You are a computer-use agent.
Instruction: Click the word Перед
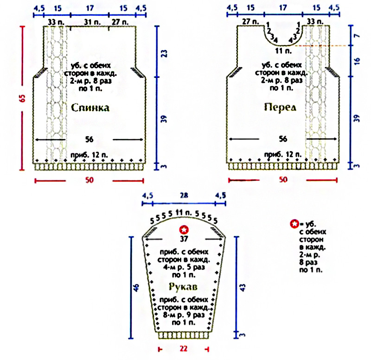[x=280, y=107]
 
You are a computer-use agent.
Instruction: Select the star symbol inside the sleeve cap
[x=185, y=229]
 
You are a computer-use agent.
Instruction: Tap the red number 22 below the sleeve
[x=184, y=348]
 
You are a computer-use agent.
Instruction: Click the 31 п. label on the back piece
[x=92, y=21]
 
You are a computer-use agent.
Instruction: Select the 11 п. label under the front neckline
[x=281, y=50]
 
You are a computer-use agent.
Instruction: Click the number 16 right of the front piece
[x=356, y=61]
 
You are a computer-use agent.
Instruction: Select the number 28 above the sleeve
[x=185, y=196]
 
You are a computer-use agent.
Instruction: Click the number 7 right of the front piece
[x=356, y=35]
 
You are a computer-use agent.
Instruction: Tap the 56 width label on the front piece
[x=283, y=139]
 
